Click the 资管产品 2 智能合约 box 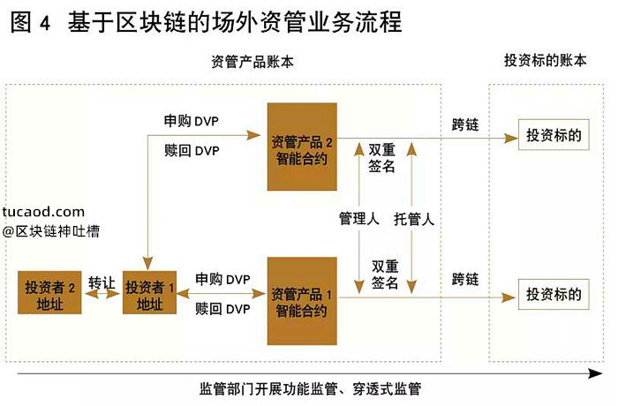click(302, 147)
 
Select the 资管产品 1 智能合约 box click(302, 301)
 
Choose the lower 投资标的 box click(553, 295)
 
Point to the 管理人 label click(359, 218)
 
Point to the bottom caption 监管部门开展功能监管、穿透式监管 click(310, 388)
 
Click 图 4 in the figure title click(31, 21)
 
